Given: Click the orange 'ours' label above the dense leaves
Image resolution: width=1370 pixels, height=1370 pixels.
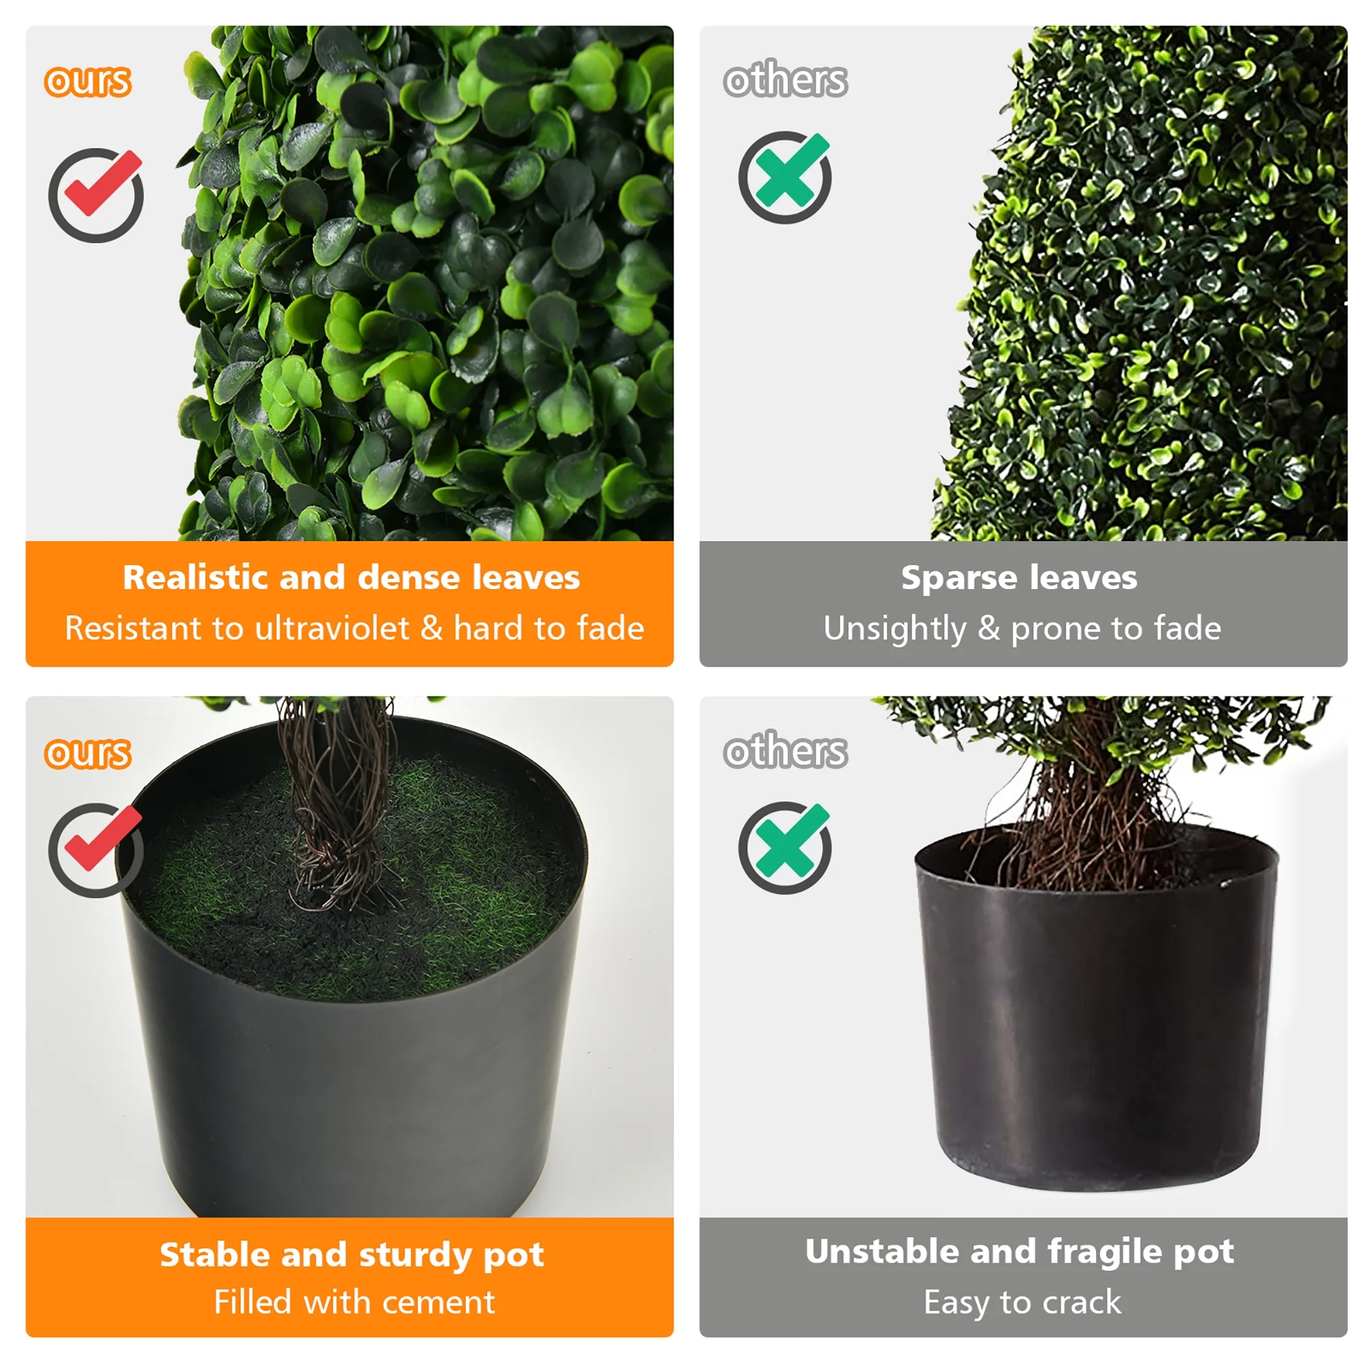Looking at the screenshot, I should [88, 82].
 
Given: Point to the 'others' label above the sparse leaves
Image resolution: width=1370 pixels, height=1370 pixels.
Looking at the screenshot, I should [785, 79].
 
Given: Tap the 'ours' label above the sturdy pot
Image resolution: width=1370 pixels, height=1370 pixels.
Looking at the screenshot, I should [88, 753].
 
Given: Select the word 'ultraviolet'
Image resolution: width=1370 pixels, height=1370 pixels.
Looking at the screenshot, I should [332, 628].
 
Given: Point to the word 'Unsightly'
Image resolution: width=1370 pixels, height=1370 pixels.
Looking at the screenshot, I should [894, 630].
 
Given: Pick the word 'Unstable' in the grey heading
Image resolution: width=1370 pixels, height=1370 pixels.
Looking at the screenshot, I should [882, 1251].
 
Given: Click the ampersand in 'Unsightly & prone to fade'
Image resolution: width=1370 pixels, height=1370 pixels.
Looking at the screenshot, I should [988, 628].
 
